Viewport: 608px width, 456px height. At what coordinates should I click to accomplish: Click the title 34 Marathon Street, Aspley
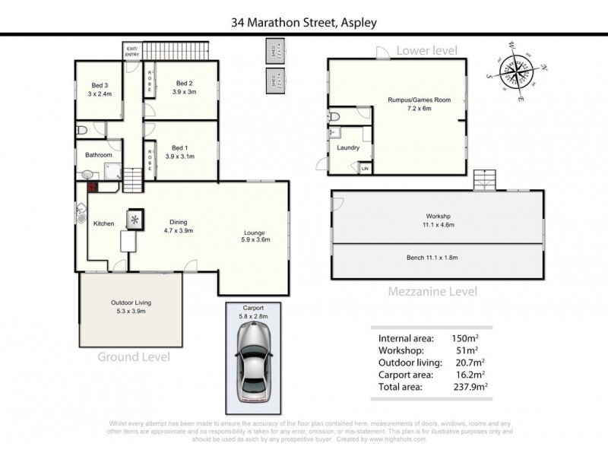(304, 23)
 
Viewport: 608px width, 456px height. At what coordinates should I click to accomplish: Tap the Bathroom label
(99, 154)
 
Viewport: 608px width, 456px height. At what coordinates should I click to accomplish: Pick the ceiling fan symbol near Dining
(136, 220)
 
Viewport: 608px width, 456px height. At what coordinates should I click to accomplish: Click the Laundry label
(348, 147)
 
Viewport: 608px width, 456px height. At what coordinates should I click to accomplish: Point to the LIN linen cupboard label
(365, 168)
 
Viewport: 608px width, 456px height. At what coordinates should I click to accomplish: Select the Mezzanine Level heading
(432, 290)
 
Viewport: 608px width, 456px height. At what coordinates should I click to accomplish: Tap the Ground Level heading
(133, 356)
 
